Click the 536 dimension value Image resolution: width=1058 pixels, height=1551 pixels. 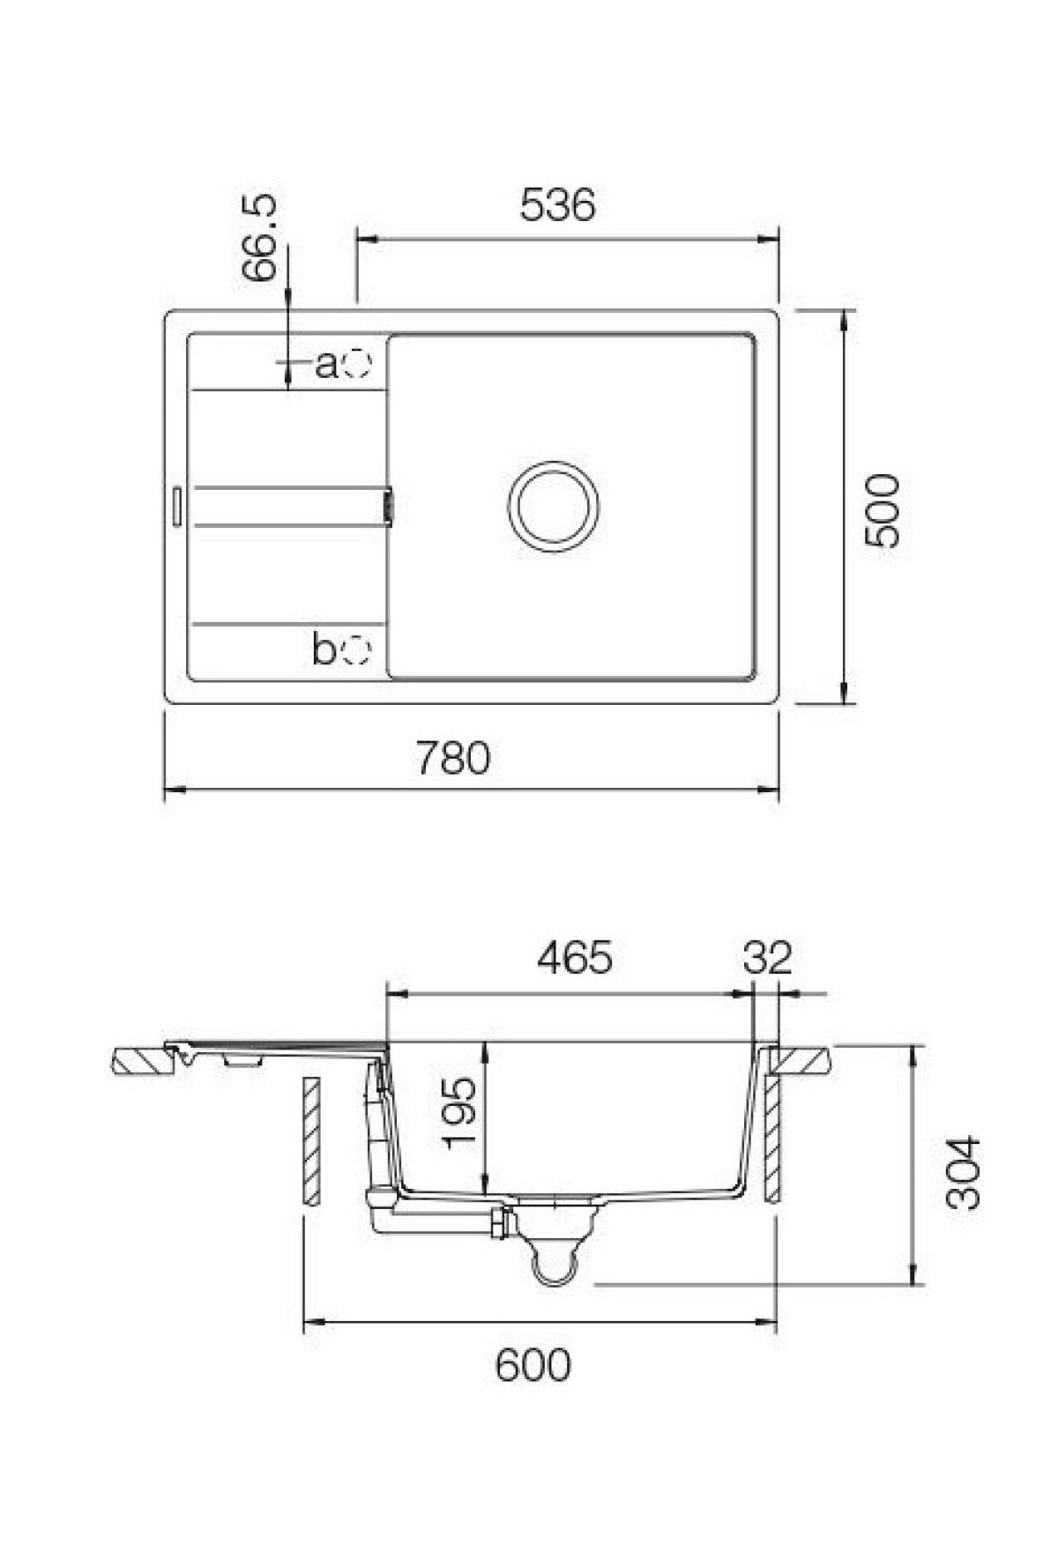[x=557, y=205]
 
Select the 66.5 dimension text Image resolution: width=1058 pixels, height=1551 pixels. [x=261, y=238]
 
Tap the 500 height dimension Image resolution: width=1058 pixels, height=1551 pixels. [x=882, y=511]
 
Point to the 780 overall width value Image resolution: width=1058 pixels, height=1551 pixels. [x=453, y=758]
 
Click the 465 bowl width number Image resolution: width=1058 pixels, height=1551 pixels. [x=573, y=958]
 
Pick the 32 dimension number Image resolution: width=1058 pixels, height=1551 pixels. [x=768, y=958]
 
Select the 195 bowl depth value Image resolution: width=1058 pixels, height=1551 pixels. [x=462, y=1112]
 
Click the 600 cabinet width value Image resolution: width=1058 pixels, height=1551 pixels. [x=533, y=1366]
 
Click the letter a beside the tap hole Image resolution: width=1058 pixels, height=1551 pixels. [x=326, y=363]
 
